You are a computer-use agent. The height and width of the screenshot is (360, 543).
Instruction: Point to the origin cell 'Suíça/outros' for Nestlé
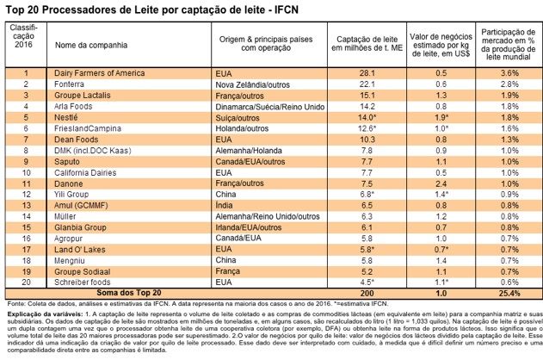coord(241,115)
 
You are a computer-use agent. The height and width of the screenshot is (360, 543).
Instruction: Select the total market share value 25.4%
coord(508,294)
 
